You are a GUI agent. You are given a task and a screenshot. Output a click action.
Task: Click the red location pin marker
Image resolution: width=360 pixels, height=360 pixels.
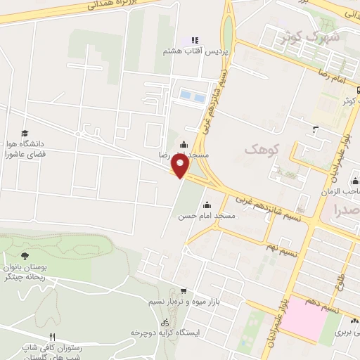(x=181, y=166)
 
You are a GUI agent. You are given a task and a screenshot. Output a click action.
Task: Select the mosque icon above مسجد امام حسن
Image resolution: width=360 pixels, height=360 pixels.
(x=206, y=205)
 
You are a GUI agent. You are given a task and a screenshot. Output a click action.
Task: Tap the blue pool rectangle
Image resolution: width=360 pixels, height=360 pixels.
(x=193, y=95)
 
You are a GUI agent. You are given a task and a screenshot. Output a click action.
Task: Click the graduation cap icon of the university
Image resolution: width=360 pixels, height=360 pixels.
(x=25, y=133)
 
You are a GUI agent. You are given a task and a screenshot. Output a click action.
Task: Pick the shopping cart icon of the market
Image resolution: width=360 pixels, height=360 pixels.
(x=184, y=291)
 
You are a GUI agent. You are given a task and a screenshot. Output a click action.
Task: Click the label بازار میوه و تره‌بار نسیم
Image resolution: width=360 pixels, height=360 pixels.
(x=177, y=302)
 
